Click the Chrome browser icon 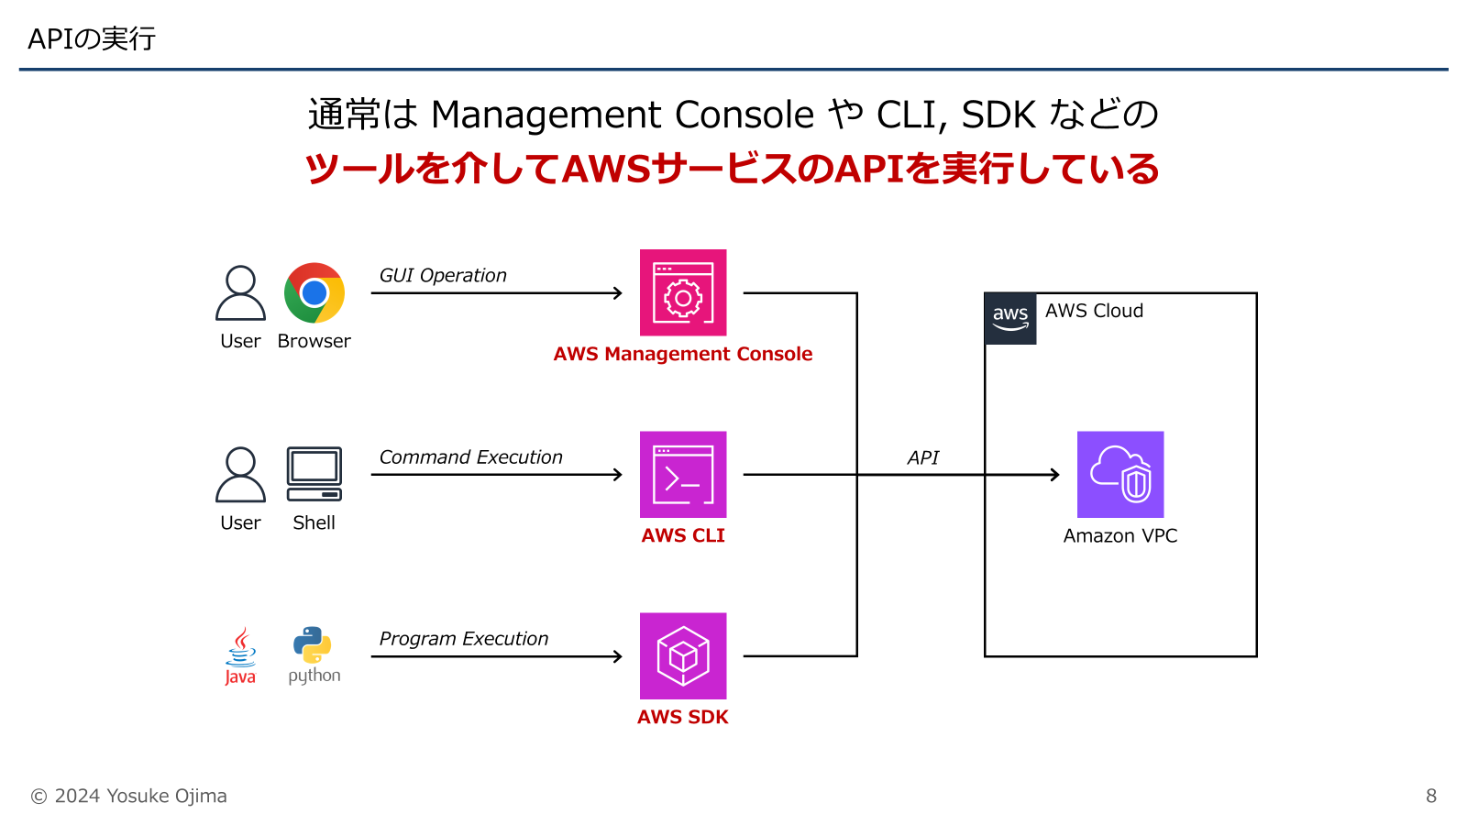(314, 293)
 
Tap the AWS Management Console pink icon (683, 292)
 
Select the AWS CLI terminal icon (683, 474)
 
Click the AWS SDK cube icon (683, 655)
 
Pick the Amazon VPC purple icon (1120, 474)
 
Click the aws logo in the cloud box (1010, 318)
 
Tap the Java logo (240, 656)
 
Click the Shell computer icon (314, 474)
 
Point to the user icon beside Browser (240, 293)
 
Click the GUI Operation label (443, 275)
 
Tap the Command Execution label (470, 456)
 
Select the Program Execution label (464, 638)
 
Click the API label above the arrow (923, 457)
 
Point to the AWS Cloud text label (1094, 311)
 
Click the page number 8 (1430, 796)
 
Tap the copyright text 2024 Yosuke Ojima (129, 796)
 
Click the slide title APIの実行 (92, 38)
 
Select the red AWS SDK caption (683, 717)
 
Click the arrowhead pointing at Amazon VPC (1055, 474)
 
